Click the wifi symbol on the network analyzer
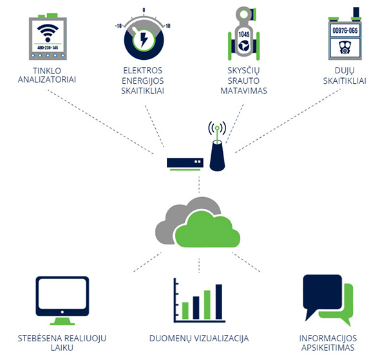point(48,33)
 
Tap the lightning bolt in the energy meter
point(144,39)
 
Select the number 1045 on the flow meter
point(244,35)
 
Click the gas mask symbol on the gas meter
point(345,48)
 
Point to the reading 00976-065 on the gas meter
point(345,30)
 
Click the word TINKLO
point(47,71)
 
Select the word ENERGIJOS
point(142,81)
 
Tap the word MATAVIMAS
point(243,91)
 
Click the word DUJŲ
point(345,71)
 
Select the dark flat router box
point(185,163)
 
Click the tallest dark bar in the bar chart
point(219,301)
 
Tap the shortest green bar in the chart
point(185,310)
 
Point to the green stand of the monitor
point(62,321)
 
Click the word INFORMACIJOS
point(328,338)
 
